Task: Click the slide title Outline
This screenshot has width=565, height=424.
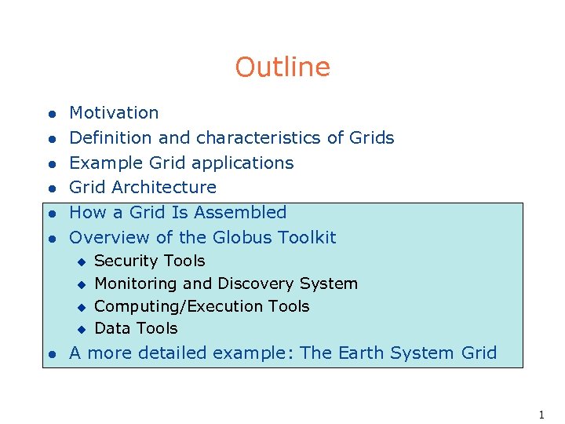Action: [x=282, y=68]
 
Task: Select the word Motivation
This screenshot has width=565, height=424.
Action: [x=114, y=113]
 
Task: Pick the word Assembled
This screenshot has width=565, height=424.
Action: [x=240, y=213]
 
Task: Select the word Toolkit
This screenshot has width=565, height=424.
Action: [x=309, y=237]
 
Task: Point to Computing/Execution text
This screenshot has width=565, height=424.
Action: [x=177, y=306]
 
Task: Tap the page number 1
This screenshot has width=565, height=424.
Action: [x=541, y=415]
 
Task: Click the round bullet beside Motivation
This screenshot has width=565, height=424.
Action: [x=49, y=115]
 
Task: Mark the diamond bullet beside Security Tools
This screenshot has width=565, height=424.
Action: [x=80, y=261]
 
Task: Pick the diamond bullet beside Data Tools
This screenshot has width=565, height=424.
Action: [x=80, y=329]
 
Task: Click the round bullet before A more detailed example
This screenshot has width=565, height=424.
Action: [x=49, y=354]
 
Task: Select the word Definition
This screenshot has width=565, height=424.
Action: [x=111, y=138]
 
